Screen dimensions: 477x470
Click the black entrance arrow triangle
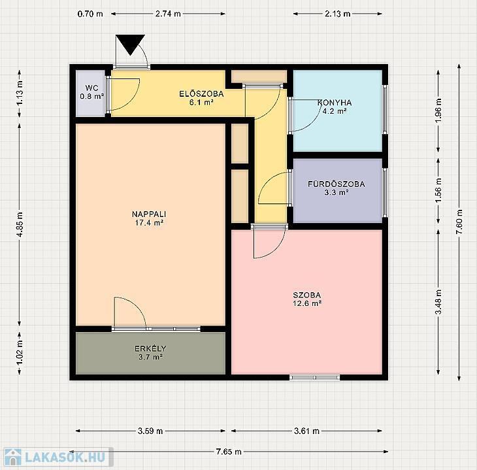(x=130, y=44)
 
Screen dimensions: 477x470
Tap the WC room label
(x=92, y=92)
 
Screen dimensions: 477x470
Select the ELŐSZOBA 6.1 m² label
(x=201, y=98)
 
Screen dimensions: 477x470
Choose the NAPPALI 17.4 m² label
(x=149, y=218)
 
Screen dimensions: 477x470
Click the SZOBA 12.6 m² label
(x=307, y=299)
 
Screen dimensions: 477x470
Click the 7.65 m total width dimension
(x=229, y=452)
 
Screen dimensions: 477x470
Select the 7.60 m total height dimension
(x=459, y=222)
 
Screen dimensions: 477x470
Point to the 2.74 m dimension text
(x=168, y=14)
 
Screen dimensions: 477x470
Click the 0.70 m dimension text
(x=90, y=14)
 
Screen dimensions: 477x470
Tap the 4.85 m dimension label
(x=20, y=225)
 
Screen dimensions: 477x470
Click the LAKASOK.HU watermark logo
(x=58, y=457)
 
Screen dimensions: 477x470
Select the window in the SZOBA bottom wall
(x=314, y=377)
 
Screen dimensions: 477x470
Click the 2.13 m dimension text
(x=337, y=14)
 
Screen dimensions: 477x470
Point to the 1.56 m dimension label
(x=438, y=190)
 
